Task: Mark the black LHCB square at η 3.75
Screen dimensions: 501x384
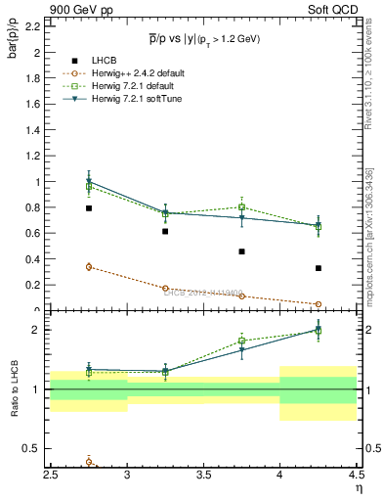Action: pyautogui.click(x=241, y=251)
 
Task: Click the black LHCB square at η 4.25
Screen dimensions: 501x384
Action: pyautogui.click(x=318, y=268)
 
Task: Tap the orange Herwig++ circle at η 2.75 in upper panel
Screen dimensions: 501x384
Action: pyautogui.click(x=89, y=266)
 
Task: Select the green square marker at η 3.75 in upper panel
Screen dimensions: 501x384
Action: pyautogui.click(x=241, y=206)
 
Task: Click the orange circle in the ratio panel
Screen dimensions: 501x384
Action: pyautogui.click(x=89, y=462)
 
